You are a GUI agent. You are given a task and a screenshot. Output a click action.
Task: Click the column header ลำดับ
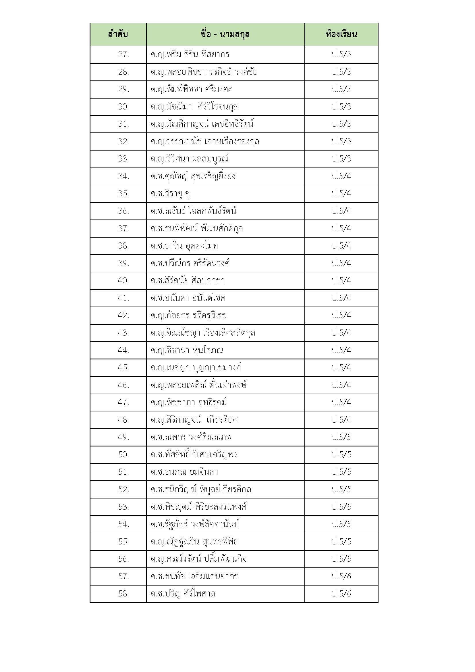click(118, 34)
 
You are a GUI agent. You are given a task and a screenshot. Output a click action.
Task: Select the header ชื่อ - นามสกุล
click(225, 34)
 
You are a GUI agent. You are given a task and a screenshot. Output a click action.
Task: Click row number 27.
click(123, 54)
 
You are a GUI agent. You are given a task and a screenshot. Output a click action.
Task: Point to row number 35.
click(123, 193)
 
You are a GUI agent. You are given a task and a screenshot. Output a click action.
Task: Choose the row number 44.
click(123, 350)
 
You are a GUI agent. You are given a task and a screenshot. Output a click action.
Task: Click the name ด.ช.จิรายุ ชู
click(171, 193)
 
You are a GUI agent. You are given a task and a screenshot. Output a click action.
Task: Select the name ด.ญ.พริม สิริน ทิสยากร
click(190, 54)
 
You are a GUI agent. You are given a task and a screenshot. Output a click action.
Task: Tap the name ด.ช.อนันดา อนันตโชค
click(188, 298)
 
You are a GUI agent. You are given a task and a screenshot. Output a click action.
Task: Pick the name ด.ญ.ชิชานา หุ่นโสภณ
click(187, 350)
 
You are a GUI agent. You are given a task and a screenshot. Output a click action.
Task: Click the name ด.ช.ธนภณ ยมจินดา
click(184, 472)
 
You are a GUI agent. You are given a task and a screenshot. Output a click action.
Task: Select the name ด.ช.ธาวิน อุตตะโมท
click(184, 246)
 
